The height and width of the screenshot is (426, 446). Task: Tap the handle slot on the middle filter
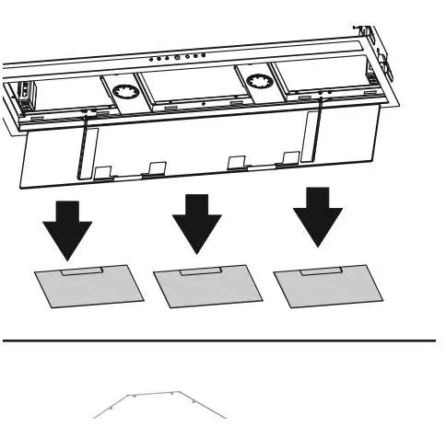199,271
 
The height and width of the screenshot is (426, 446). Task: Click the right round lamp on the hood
256,80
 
